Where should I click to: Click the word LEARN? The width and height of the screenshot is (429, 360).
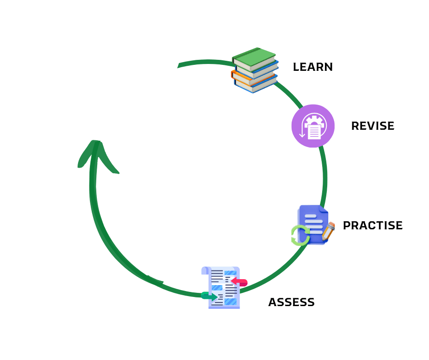[313, 67]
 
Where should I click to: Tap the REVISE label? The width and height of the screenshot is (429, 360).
[372, 126]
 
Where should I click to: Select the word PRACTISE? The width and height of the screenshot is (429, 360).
[372, 226]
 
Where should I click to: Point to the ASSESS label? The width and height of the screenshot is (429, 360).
[291, 302]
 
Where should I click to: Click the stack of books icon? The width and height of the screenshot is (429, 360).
[255, 70]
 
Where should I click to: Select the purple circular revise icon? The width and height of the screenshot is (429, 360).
[313, 126]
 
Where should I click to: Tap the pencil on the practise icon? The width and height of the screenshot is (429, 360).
[328, 231]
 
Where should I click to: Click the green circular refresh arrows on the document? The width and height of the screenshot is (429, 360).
[300, 236]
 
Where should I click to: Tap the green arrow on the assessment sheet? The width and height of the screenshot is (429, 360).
[209, 296]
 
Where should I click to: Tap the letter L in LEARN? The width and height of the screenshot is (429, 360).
[296, 67]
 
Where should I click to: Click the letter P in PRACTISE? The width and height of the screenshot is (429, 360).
[346, 226]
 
